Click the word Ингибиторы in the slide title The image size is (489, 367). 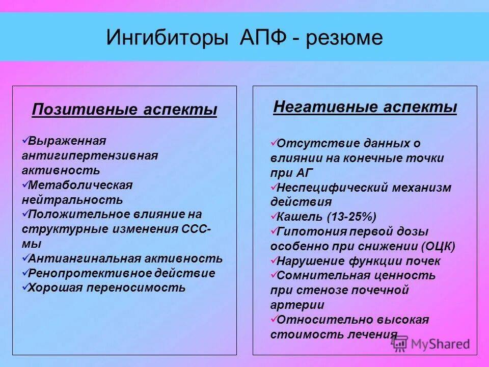pyautogui.click(x=167, y=39)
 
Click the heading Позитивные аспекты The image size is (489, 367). pyautogui.click(x=124, y=110)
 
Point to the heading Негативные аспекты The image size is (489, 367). pyautogui.click(x=365, y=107)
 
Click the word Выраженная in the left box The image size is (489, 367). pyautogui.click(x=67, y=140)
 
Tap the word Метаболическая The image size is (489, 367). pyautogui.click(x=80, y=184)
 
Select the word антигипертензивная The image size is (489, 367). pyautogui.click(x=90, y=154)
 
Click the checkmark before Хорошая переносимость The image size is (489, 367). pyautogui.click(x=25, y=287)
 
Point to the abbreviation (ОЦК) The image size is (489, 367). pyautogui.click(x=439, y=246)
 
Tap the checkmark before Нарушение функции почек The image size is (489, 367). pyautogui.click(x=274, y=260)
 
